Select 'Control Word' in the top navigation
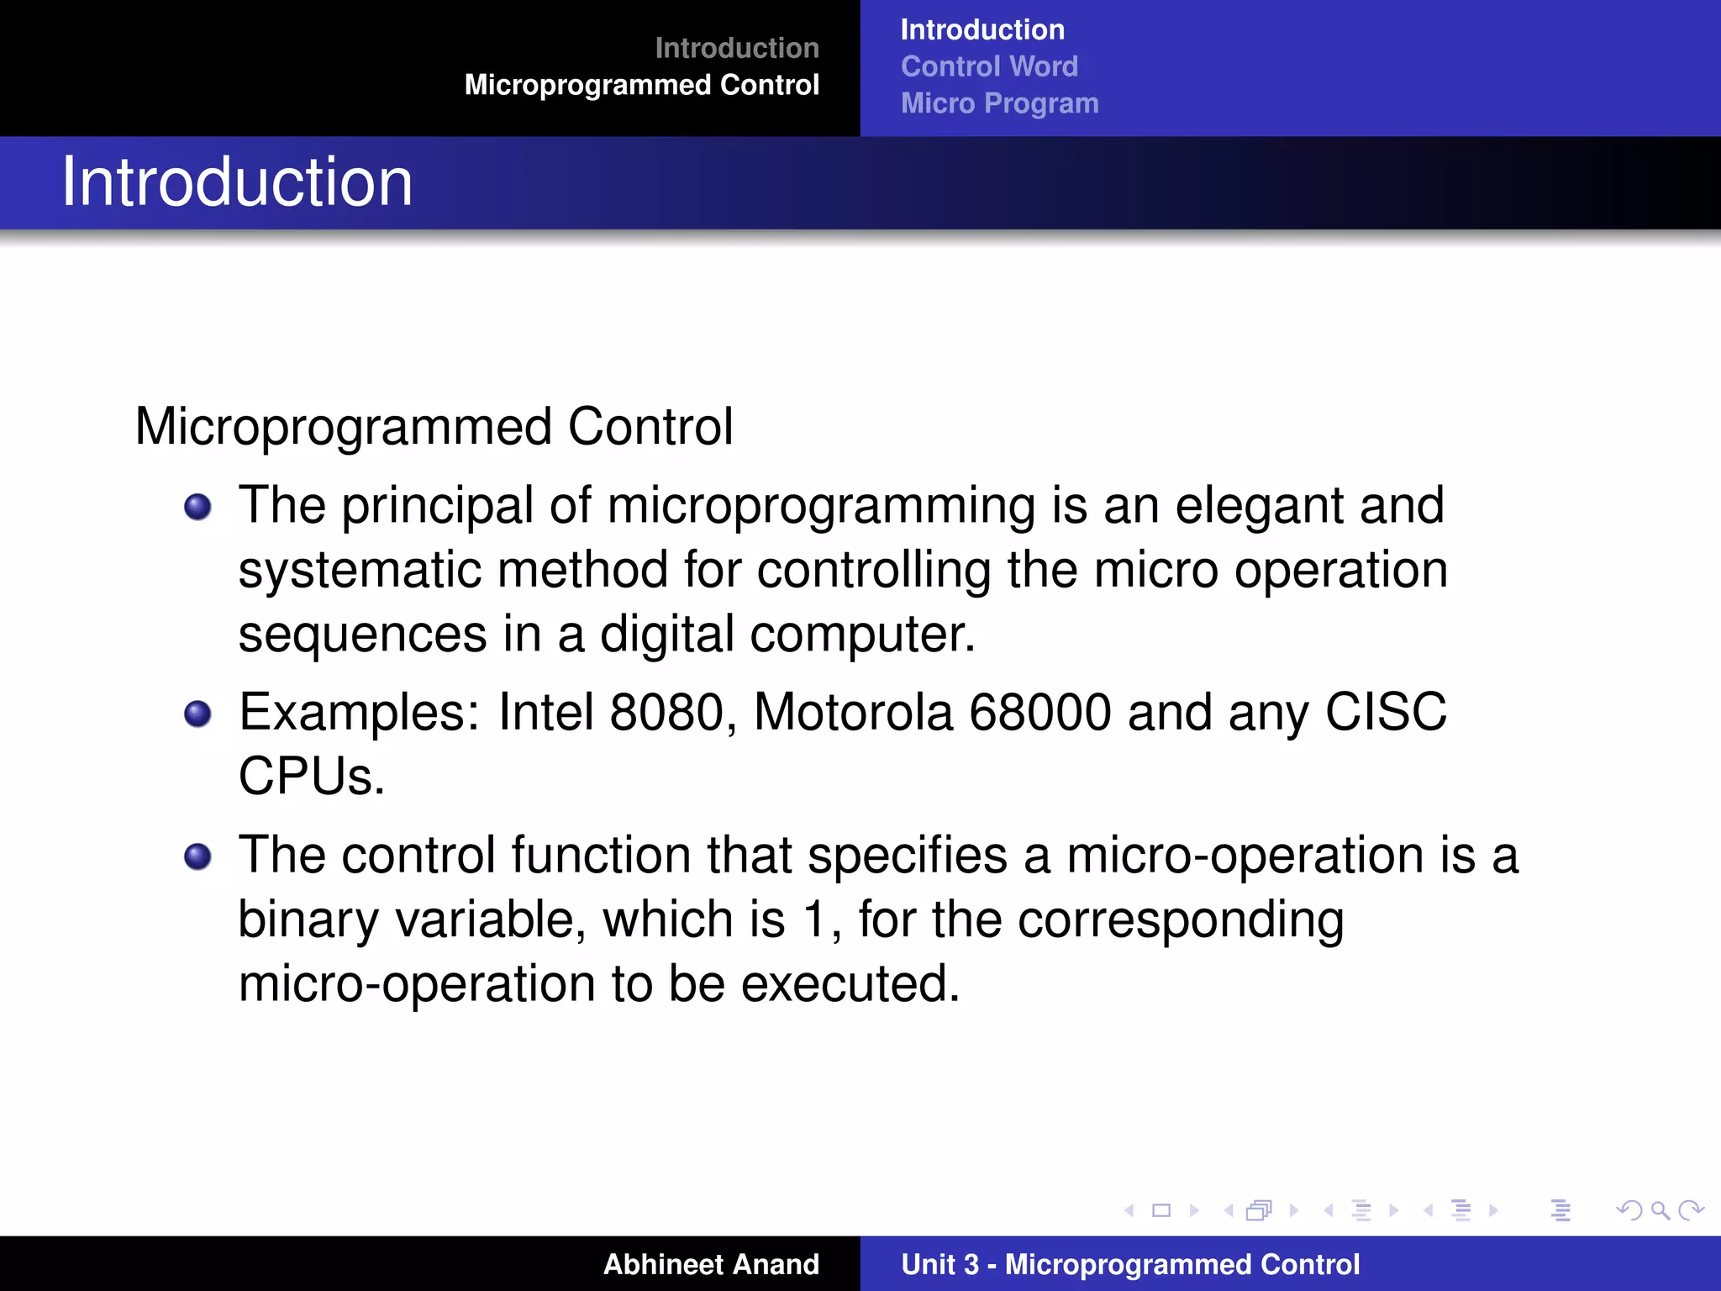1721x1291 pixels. (989, 66)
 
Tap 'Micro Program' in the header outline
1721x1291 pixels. (999, 103)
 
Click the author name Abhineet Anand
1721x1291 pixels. (711, 1264)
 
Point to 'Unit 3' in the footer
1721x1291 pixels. (939, 1264)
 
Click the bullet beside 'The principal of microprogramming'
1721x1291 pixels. (197, 507)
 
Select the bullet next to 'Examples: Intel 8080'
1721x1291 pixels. (197, 714)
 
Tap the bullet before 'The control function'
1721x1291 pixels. (197, 856)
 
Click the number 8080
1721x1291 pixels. (666, 712)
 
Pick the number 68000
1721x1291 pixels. (1040, 712)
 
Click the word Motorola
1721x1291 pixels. (853, 712)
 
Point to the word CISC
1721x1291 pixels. (1386, 712)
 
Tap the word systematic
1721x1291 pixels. (360, 570)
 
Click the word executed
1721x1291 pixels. (850, 983)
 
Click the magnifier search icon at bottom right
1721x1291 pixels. (1660, 1210)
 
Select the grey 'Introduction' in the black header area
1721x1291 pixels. (736, 48)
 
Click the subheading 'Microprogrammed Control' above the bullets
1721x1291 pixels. (434, 426)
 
